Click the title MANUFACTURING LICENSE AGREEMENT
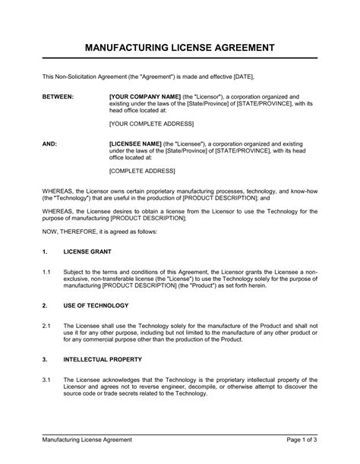tap(179, 48)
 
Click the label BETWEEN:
tap(57, 97)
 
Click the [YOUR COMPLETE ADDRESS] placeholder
tap(151, 123)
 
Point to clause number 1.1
tap(46, 271)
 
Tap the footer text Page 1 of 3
tap(299, 439)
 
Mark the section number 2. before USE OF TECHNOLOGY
tap(46, 305)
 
